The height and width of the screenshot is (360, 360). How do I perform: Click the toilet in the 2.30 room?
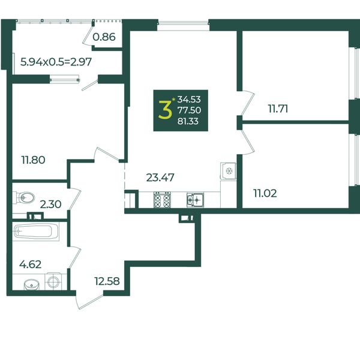point(25,197)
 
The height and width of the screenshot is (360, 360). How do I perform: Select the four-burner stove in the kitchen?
point(163,200)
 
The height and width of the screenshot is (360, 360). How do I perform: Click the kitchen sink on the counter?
point(195,200)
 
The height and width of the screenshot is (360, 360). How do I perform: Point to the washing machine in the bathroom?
point(53,281)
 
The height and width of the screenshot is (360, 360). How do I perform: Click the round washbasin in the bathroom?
point(31,284)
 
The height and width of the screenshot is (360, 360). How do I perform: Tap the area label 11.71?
point(278,109)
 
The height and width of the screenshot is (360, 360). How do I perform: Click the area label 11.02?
point(265,193)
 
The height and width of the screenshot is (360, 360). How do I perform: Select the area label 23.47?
point(160,178)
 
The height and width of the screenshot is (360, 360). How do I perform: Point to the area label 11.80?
point(33,160)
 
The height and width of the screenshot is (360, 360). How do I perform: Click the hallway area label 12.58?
point(107,281)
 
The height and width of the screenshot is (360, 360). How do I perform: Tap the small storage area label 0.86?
point(104,37)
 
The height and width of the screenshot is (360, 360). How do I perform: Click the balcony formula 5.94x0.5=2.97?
point(56,62)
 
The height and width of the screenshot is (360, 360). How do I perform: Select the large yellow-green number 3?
point(165,110)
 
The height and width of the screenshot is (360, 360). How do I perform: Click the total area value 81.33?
point(188,121)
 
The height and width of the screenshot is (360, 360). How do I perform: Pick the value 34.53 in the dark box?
point(189,100)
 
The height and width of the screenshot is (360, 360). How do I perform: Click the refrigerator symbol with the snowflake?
point(228,171)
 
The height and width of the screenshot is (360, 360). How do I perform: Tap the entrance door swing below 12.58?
point(89,301)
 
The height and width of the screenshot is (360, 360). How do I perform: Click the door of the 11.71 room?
point(248,103)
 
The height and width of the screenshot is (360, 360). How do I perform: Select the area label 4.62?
point(31,265)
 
